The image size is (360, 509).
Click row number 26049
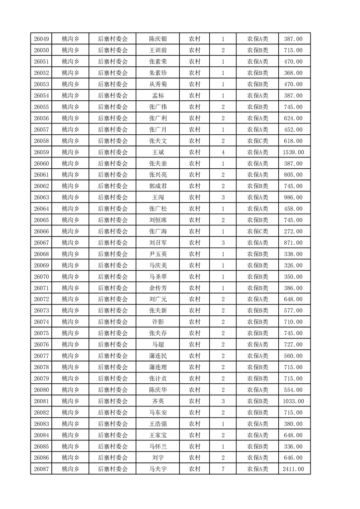pyautogui.click(x=41, y=39)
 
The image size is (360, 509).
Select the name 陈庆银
pyautogui.click(x=158, y=39)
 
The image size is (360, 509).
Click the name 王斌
pyautogui.click(x=158, y=152)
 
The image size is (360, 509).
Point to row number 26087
pyautogui.click(x=41, y=469)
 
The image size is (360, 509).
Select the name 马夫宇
pyautogui.click(x=158, y=469)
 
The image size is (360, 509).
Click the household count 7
pyautogui.click(x=223, y=469)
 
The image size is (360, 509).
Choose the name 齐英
pyautogui.click(x=158, y=401)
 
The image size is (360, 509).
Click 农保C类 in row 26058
pyautogui.click(x=257, y=141)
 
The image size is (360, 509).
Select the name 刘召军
pyautogui.click(x=158, y=243)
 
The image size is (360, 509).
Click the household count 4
pyautogui.click(x=223, y=152)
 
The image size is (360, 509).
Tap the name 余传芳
pyautogui.click(x=158, y=288)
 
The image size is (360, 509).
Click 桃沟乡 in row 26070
pyautogui.click(x=70, y=277)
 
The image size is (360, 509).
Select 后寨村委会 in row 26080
pyautogui.click(x=113, y=390)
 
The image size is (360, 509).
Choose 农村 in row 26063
pyautogui.click(x=195, y=197)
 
